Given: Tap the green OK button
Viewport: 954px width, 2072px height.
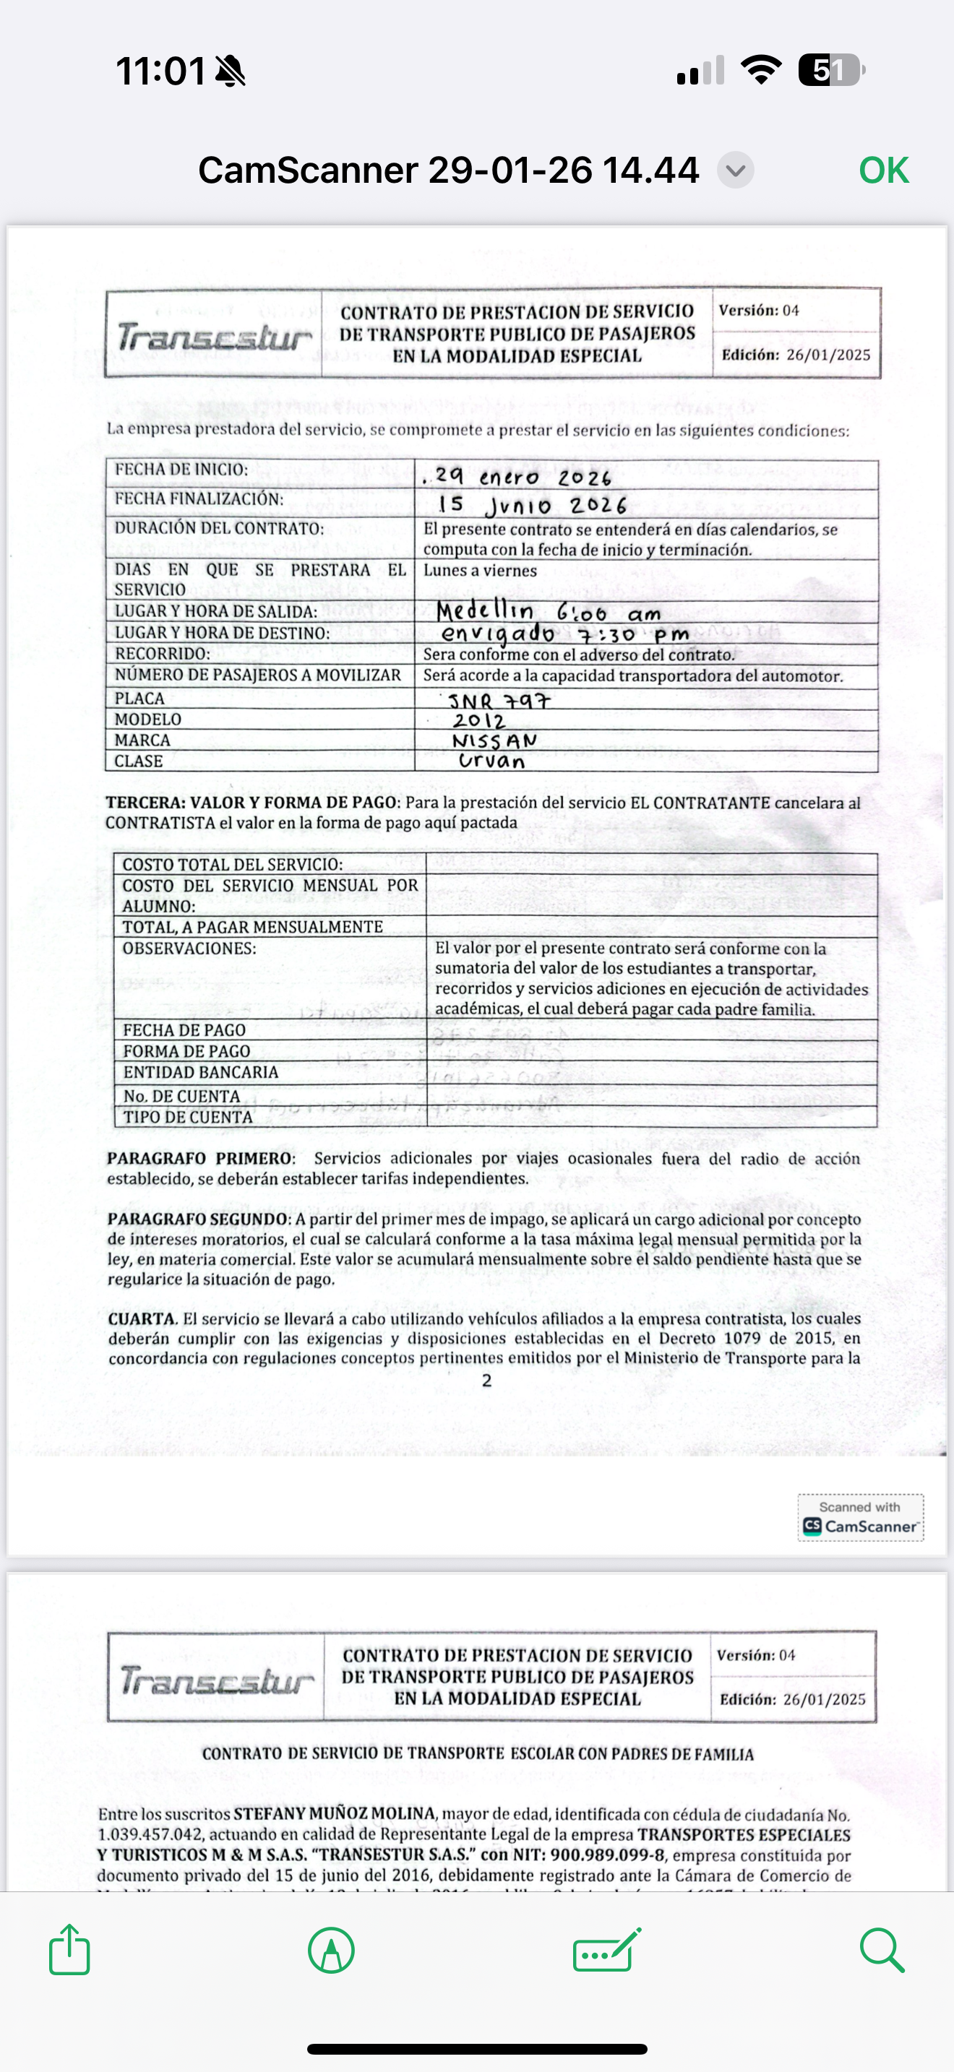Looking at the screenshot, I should (883, 170).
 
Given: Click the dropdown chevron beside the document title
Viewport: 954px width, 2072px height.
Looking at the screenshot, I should (735, 170).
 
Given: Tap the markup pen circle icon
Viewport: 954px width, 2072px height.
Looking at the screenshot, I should (330, 1950).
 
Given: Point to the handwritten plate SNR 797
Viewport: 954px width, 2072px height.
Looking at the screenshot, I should (499, 701).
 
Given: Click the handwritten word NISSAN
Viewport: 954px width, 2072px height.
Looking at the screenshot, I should (494, 741).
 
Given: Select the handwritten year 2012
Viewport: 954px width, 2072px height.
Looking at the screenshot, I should (478, 721).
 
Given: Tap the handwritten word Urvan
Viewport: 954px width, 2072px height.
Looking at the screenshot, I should (491, 761).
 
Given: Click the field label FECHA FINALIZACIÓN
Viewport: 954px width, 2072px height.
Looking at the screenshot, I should (199, 498).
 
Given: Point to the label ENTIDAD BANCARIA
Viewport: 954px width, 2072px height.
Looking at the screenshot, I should (200, 1072).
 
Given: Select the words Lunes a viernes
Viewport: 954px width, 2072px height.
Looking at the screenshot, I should (480, 570).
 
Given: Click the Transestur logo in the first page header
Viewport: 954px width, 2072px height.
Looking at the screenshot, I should (214, 336).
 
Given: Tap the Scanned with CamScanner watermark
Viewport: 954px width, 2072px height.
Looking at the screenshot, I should (860, 1518).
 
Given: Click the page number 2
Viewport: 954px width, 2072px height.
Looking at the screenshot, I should (486, 1381).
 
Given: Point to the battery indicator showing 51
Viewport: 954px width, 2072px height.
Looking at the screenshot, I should (830, 71).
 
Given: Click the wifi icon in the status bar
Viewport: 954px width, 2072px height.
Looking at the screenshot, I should (761, 70).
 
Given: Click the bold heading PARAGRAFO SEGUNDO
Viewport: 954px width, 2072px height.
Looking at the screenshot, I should (198, 1219).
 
